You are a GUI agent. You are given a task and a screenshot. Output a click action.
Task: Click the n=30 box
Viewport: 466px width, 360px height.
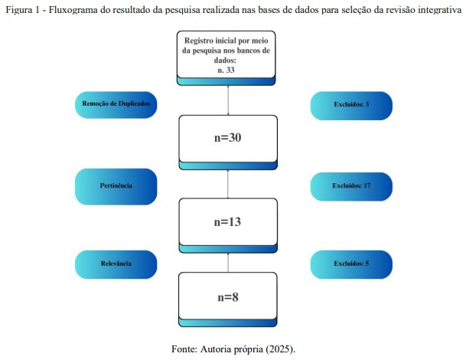[x=228, y=142]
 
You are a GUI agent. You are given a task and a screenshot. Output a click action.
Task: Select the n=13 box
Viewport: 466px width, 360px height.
[x=228, y=225]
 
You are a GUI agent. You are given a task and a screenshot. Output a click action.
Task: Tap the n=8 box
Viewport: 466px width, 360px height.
[x=228, y=299]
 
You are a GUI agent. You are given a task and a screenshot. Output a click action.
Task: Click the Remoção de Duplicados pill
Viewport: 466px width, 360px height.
[x=116, y=105]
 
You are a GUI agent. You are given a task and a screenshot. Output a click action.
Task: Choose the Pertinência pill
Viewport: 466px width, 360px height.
[x=116, y=187]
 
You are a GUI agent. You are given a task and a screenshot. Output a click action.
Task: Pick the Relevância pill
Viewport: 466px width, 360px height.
[x=116, y=264]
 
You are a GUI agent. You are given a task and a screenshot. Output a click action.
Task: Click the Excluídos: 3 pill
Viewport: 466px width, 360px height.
[x=351, y=106]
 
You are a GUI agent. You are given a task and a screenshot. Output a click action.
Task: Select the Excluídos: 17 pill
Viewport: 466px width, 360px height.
[x=351, y=187]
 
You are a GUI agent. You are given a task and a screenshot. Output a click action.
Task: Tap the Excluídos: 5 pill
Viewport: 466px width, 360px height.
[x=351, y=264]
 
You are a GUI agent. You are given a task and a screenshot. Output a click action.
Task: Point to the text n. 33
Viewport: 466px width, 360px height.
[x=226, y=70]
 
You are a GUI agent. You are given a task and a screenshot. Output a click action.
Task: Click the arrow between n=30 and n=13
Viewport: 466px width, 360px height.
[x=228, y=184]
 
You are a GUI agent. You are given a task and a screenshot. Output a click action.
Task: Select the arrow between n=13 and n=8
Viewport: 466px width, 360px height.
[x=228, y=263]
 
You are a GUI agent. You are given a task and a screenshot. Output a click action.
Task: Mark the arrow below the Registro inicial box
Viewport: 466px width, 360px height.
[x=228, y=100]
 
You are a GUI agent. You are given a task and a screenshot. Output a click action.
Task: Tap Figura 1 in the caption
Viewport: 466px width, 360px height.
[x=23, y=10]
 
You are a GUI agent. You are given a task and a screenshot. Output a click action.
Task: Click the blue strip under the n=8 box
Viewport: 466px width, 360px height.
[x=228, y=322]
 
